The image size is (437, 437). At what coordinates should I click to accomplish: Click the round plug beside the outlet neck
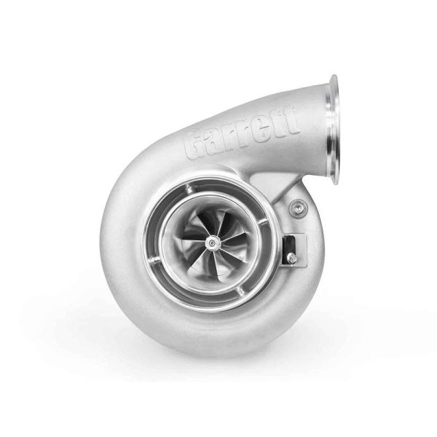pyautogui.click(x=296, y=210)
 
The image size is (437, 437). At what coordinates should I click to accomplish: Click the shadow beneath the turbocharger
pyautogui.click(x=219, y=364)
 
